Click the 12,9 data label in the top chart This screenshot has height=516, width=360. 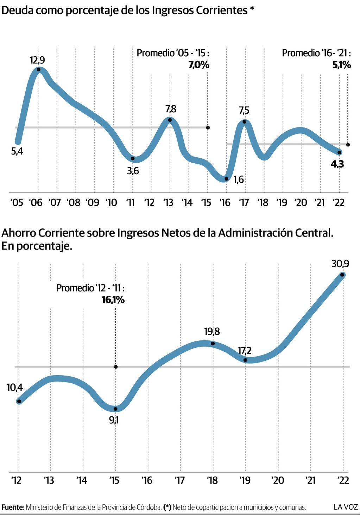pyautogui.click(x=37, y=60)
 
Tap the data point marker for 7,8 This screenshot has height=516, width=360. pyautogui.click(x=170, y=120)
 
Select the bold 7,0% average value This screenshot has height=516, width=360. pyautogui.click(x=198, y=65)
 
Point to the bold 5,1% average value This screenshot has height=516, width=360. pyautogui.click(x=341, y=65)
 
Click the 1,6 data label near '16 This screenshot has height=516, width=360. pyautogui.click(x=238, y=180)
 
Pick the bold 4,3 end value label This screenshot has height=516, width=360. pyautogui.click(x=337, y=164)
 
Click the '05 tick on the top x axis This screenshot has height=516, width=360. pyautogui.click(x=17, y=203)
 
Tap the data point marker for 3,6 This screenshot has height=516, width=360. pyautogui.click(x=132, y=158)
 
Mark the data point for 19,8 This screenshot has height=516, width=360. pyautogui.click(x=213, y=344)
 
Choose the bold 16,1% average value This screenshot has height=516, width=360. pyautogui.click(x=113, y=300)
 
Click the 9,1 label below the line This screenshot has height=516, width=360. pyautogui.click(x=113, y=420)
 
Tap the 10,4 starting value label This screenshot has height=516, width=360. pyautogui.click(x=14, y=388)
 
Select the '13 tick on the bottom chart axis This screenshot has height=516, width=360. pyautogui.click(x=49, y=480)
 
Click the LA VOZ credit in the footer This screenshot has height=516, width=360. pyautogui.click(x=346, y=507)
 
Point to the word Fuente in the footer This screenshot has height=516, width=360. pyautogui.click(x=13, y=508)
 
